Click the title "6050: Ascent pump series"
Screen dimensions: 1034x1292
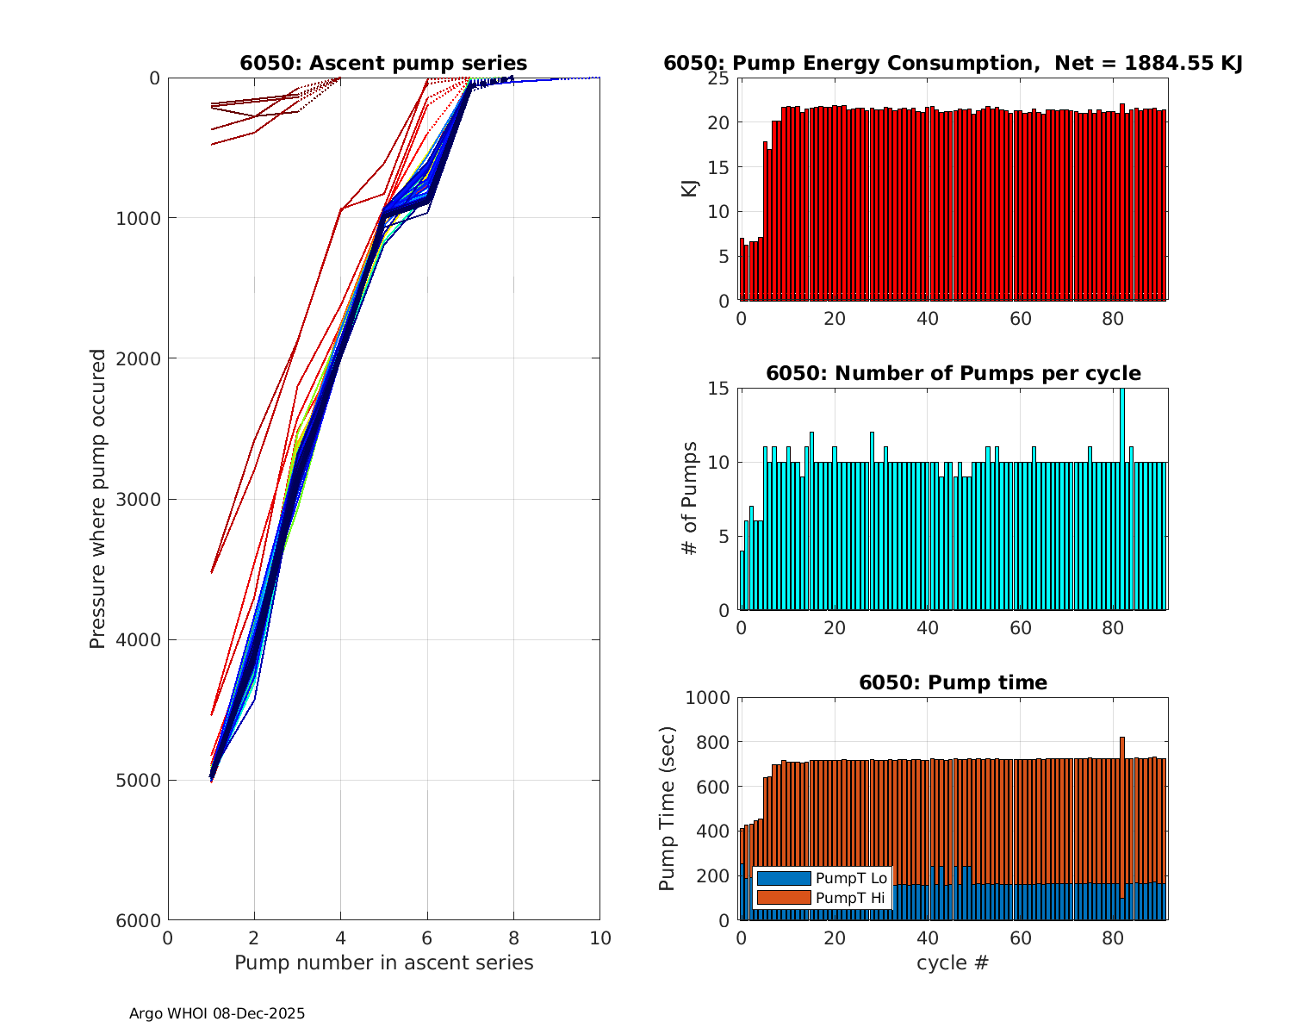coord(383,63)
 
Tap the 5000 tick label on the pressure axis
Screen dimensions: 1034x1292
coord(137,781)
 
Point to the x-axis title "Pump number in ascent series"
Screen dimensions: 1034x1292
coord(383,962)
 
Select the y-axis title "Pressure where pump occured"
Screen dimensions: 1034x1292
coord(98,499)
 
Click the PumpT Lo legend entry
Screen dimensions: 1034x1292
coord(822,878)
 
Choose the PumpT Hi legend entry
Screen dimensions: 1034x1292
coord(822,898)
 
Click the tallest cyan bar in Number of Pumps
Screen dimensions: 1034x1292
coord(1121,500)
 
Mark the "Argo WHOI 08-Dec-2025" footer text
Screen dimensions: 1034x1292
coord(217,1013)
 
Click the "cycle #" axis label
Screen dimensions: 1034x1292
coord(953,962)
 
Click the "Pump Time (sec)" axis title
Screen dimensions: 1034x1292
coord(668,808)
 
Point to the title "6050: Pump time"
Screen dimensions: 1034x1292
coord(953,682)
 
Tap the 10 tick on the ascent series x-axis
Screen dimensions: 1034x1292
coord(599,938)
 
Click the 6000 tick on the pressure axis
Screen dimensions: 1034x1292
coord(137,920)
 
